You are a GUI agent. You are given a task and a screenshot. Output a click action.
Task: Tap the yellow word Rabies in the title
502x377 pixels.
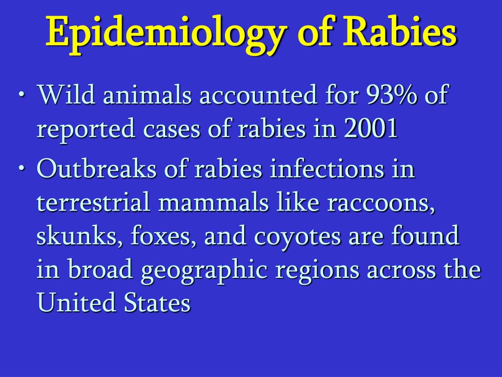[399, 31]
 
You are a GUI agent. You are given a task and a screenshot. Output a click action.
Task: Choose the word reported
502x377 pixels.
[86, 130]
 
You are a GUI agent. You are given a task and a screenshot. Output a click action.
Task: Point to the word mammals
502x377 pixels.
[214, 203]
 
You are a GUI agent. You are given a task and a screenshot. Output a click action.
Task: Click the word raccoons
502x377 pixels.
[381, 204]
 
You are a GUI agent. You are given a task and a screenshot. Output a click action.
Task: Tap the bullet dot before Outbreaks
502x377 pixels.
[22, 168]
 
